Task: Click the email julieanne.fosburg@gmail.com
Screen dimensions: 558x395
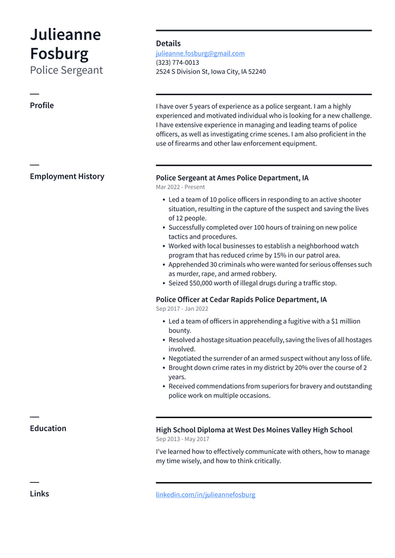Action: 200,54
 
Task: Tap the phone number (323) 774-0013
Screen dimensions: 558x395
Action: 177,63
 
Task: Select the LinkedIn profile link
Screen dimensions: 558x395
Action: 206,494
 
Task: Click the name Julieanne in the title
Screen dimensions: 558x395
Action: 65,35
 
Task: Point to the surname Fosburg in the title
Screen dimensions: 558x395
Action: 59,54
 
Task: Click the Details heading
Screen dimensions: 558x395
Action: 168,43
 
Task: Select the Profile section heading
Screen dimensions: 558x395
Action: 42,105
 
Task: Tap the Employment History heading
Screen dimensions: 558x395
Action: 67,176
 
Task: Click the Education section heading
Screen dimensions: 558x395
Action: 48,429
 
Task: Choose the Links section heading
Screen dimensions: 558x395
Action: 39,494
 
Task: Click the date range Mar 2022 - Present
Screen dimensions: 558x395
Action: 180,187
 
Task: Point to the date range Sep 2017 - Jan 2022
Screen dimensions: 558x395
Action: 182,309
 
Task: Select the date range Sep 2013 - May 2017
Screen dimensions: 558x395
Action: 183,439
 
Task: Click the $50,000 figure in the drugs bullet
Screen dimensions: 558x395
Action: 202,284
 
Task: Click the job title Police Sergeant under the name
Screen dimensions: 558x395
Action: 67,70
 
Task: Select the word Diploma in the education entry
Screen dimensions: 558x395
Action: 212,430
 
